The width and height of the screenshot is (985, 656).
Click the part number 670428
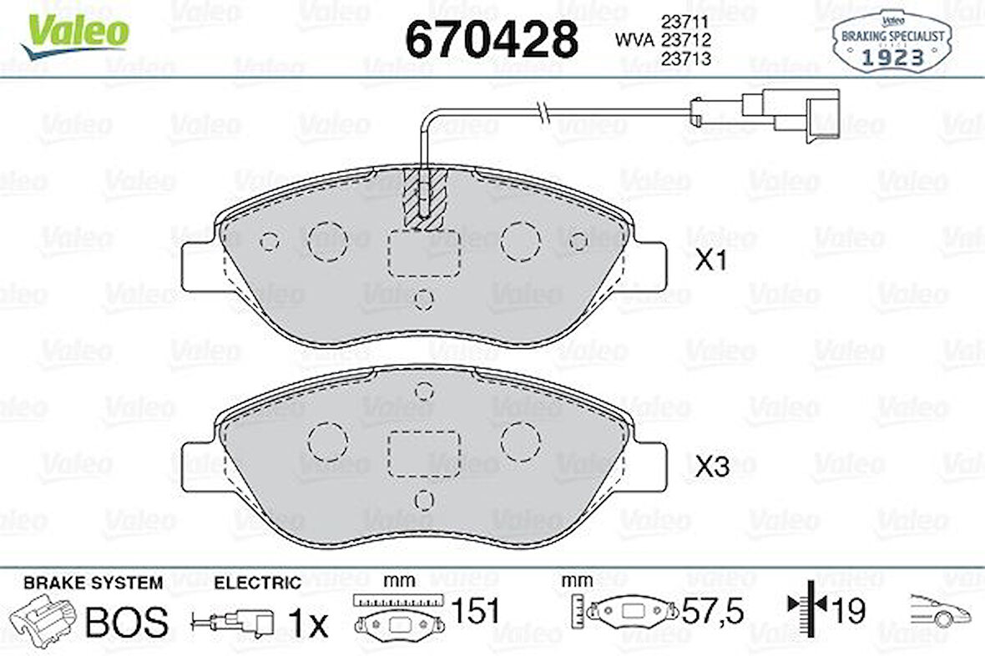click(x=491, y=38)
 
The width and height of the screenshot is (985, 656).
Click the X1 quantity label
click(x=713, y=262)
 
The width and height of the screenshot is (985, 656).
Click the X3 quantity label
click(x=713, y=468)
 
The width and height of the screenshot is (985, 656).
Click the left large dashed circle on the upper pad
click(x=327, y=242)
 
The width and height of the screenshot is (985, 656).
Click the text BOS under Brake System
click(x=128, y=622)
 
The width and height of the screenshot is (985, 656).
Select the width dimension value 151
click(x=474, y=612)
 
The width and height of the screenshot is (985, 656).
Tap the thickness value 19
click(x=847, y=610)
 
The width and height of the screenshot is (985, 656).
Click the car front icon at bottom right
click(x=939, y=612)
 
